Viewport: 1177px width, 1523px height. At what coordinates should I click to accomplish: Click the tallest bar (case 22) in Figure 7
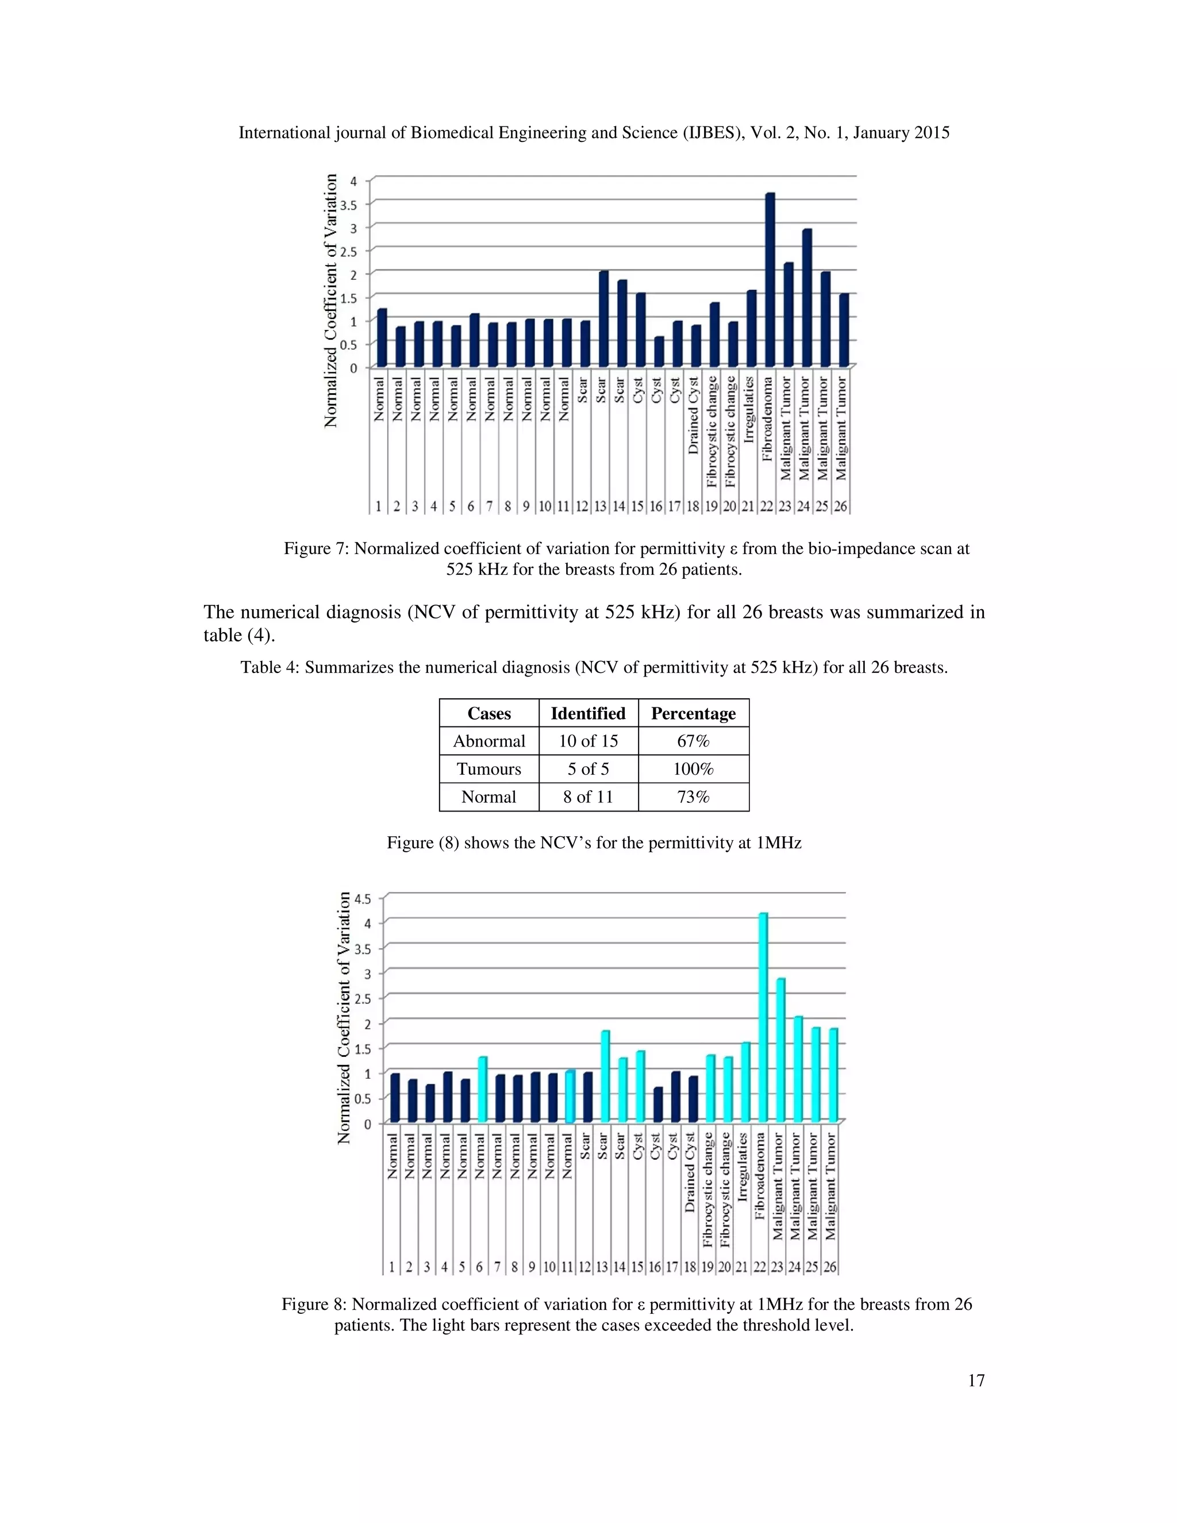(x=770, y=279)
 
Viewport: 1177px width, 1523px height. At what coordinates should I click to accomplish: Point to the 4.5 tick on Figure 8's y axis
(x=363, y=898)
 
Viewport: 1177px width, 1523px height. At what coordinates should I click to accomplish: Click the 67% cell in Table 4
(x=693, y=741)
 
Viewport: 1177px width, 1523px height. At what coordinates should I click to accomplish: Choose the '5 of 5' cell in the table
(x=588, y=768)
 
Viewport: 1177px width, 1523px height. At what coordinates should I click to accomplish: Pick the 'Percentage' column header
(x=693, y=713)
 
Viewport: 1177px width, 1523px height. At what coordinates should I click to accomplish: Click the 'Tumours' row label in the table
(x=489, y=768)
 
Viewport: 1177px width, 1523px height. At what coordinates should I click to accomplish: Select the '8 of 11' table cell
(x=588, y=797)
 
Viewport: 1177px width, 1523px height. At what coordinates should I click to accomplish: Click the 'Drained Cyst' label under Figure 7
(x=693, y=416)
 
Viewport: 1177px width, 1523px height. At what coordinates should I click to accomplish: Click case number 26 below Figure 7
(x=841, y=506)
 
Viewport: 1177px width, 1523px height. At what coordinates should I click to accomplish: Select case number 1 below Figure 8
(x=392, y=1266)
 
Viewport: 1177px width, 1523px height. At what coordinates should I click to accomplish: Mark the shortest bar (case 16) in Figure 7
(x=659, y=352)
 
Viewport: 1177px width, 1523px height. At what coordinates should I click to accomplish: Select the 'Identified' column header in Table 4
(x=588, y=713)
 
